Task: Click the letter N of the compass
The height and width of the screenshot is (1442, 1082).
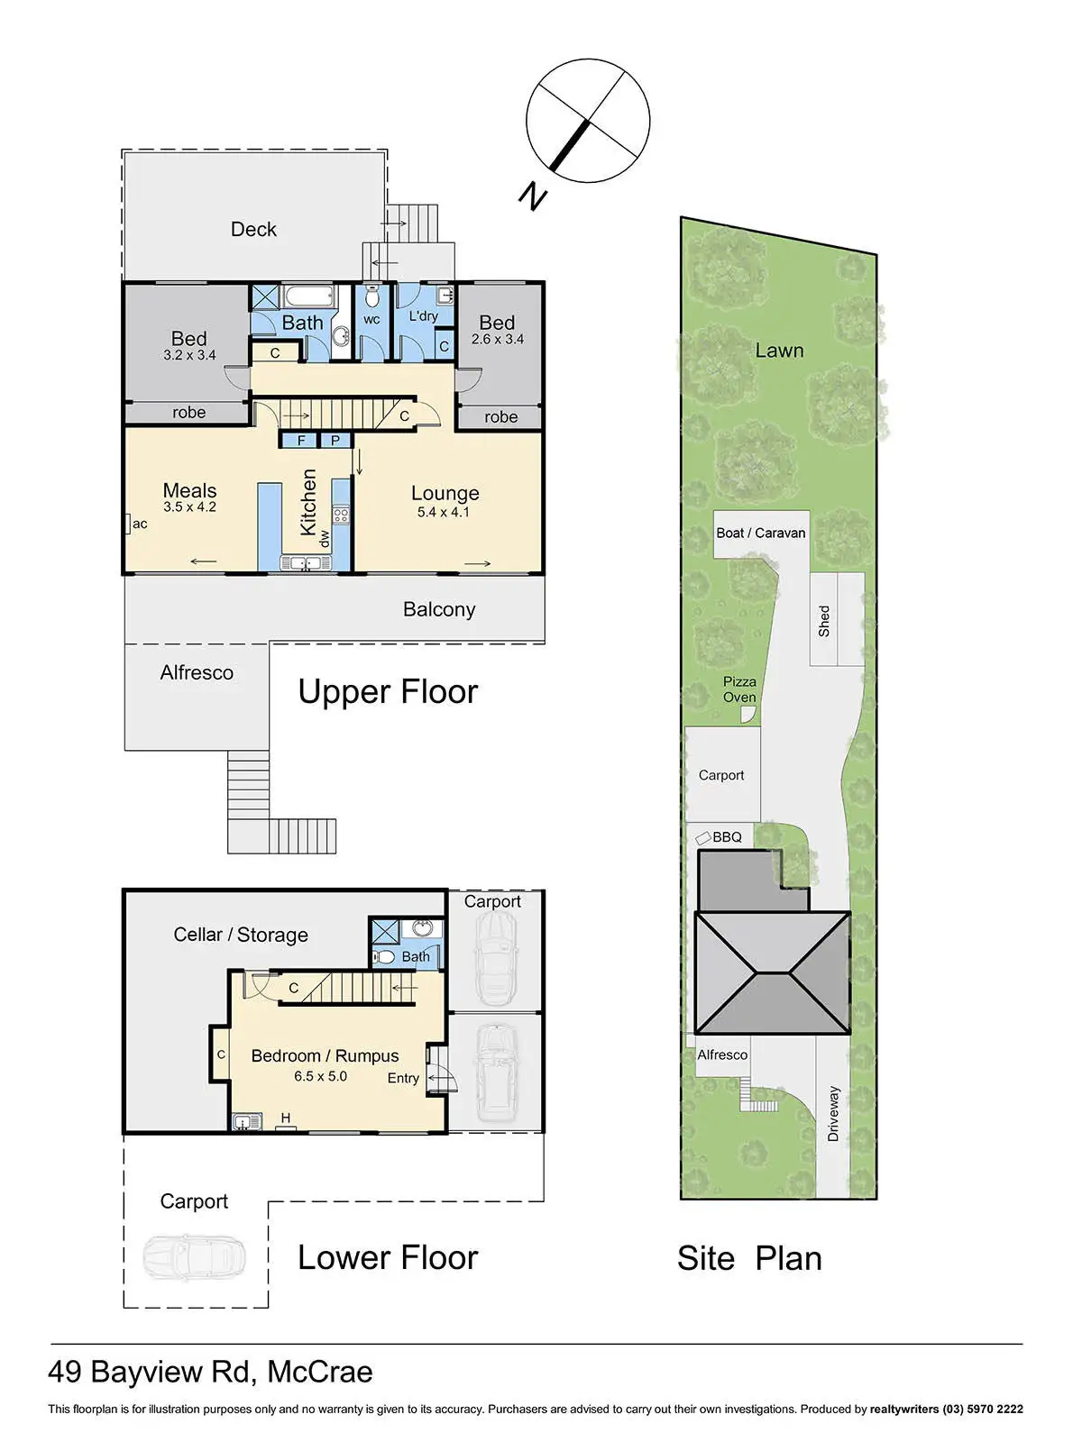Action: pyautogui.click(x=533, y=196)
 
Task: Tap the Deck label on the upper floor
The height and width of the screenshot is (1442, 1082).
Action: pyautogui.click(x=253, y=229)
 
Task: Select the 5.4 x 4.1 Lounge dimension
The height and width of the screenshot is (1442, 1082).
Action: pyautogui.click(x=444, y=513)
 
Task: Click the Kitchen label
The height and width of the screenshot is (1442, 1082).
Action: pyautogui.click(x=308, y=502)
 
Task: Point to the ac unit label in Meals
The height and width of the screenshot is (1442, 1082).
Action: pyautogui.click(x=140, y=524)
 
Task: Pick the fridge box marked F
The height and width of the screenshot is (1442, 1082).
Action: pyautogui.click(x=301, y=440)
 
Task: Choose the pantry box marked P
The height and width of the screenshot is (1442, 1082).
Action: pyautogui.click(x=335, y=440)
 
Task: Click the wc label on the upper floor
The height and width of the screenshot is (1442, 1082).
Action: pyautogui.click(x=371, y=320)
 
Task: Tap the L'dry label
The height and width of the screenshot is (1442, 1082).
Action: pyautogui.click(x=423, y=316)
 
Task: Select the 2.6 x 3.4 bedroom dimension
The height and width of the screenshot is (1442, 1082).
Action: pyautogui.click(x=498, y=339)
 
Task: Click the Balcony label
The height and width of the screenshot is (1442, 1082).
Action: pyautogui.click(x=439, y=609)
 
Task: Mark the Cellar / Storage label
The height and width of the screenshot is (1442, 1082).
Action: pyautogui.click(x=241, y=935)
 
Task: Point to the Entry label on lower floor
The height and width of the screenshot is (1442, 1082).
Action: pyautogui.click(x=403, y=1078)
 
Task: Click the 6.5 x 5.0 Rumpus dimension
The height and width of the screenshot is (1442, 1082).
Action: pyautogui.click(x=321, y=1076)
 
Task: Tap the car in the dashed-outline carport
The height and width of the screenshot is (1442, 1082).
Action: pyautogui.click(x=194, y=1257)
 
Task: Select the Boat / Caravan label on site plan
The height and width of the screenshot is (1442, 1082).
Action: pyautogui.click(x=761, y=533)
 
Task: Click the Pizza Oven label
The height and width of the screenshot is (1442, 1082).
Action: pyautogui.click(x=739, y=689)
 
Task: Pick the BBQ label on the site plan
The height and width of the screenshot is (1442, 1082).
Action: pyautogui.click(x=728, y=837)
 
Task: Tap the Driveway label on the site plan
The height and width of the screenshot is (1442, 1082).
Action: pyautogui.click(x=833, y=1114)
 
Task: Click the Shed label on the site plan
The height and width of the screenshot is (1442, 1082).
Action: pyautogui.click(x=824, y=621)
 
